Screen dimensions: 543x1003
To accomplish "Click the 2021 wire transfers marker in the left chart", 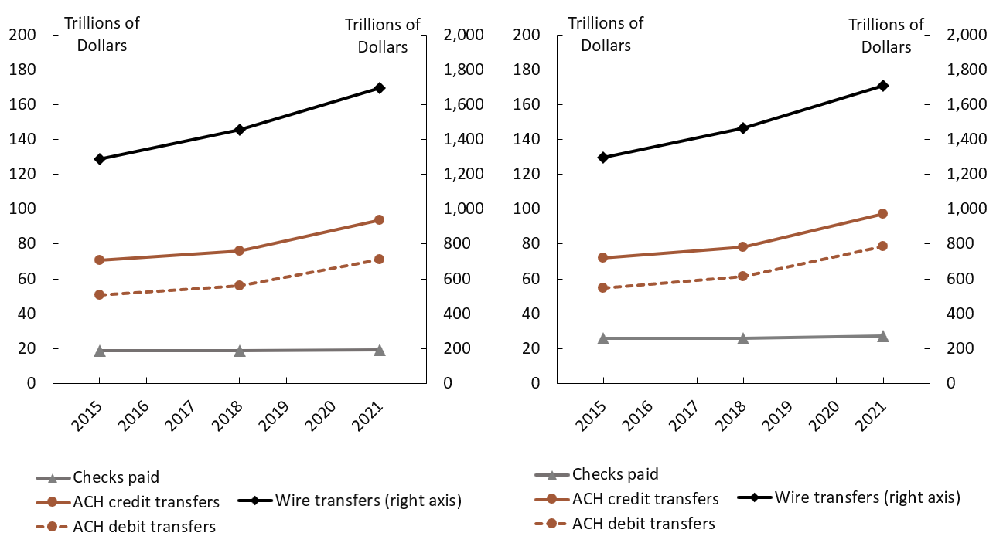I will click(380, 88).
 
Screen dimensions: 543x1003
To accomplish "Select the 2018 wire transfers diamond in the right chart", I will click(743, 128).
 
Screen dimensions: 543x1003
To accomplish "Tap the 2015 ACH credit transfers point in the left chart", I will click(99, 260).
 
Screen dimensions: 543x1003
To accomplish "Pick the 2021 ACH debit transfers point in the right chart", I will click(883, 246).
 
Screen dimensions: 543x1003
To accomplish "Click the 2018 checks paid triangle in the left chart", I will click(240, 351).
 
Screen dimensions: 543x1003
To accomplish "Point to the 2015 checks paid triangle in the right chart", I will click(603, 338).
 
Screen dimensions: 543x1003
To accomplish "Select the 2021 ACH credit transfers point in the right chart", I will click(883, 214).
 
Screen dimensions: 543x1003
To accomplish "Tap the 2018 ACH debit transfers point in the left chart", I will click(240, 286).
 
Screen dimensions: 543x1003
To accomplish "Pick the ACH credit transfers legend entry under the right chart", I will click(645, 499).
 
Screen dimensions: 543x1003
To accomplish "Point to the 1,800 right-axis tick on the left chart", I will click(462, 70).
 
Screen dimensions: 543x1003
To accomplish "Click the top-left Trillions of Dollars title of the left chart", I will click(101, 34).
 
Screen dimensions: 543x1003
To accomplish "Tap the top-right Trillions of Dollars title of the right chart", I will click(886, 36).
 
